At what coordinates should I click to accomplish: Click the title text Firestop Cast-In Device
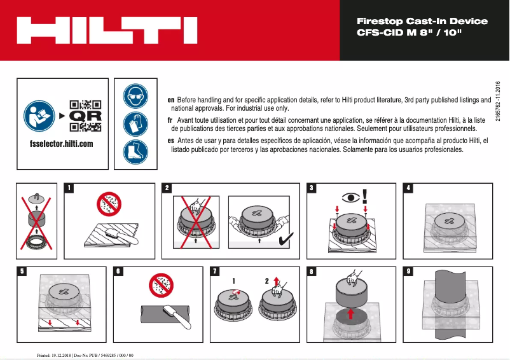pyautogui.click(x=422, y=21)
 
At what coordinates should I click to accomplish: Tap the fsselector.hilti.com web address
pyautogui.click(x=62, y=144)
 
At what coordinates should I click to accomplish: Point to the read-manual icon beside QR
pyautogui.click(x=39, y=116)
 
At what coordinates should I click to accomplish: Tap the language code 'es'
pyautogui.click(x=170, y=140)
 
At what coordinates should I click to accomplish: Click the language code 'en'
pyautogui.click(x=170, y=100)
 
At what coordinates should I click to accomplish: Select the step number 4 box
pyautogui.click(x=409, y=188)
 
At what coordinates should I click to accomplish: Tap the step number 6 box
pyautogui.click(x=118, y=271)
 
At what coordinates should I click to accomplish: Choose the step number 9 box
pyautogui.click(x=409, y=271)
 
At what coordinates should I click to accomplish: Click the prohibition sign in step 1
pyautogui.click(x=108, y=204)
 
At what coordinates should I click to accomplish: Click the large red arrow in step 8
pyautogui.click(x=350, y=314)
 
